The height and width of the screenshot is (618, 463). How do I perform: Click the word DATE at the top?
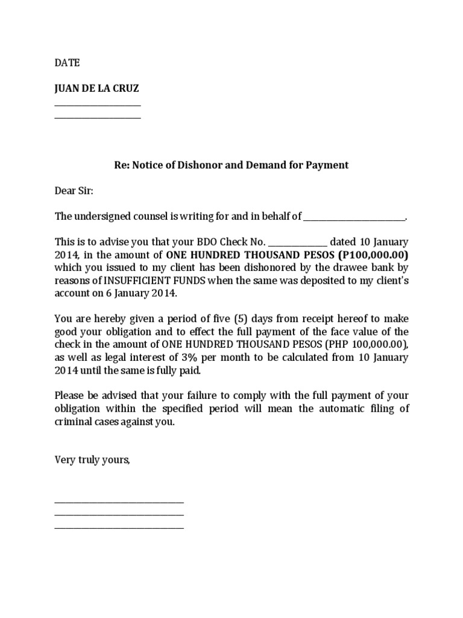pos(67,63)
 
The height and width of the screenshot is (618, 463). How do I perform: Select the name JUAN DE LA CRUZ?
pos(97,88)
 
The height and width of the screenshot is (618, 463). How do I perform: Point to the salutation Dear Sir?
pos(74,191)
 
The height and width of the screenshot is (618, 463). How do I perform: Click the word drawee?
pos(350,267)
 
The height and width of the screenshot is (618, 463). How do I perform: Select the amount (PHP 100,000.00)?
pos(364,344)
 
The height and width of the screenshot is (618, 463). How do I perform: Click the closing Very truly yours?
pos(92,460)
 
